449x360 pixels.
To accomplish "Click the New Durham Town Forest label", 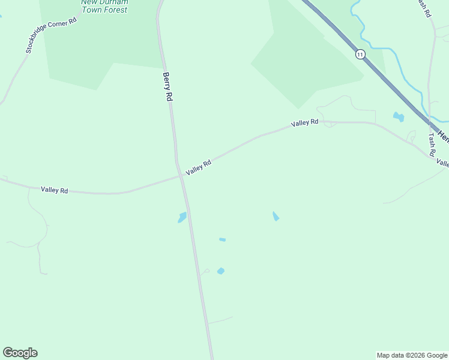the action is (104, 6).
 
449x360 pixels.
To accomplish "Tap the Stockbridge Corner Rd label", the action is (52, 35).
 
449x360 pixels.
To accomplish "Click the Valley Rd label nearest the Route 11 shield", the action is (305, 123).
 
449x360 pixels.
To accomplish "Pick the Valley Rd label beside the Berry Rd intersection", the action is (199, 167).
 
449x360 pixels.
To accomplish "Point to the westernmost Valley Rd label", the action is (55, 190).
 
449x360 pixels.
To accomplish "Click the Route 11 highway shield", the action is (360, 54).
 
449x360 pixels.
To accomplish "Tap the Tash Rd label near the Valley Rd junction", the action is (431, 145).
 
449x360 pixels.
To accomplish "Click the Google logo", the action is (20, 353).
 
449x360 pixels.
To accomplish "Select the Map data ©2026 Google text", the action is (412, 355).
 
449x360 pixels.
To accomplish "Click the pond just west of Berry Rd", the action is (182, 217).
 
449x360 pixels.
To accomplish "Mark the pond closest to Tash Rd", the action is (398, 116).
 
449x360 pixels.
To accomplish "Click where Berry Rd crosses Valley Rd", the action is (181, 176).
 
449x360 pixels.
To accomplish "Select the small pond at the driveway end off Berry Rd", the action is (221, 271).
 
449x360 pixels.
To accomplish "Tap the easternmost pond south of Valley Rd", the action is (276, 216).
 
